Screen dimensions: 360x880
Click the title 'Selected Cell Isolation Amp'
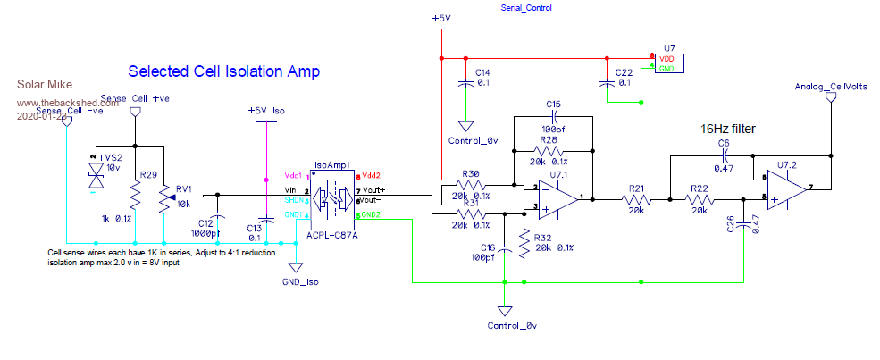point(224,71)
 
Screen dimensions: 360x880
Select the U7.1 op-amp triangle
point(553,198)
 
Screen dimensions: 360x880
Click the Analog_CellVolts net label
point(828,86)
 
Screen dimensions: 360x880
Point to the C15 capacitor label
point(553,105)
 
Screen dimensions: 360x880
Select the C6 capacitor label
point(724,143)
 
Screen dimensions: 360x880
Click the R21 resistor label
point(636,188)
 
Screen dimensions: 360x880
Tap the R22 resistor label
point(699,188)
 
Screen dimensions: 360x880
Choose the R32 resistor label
point(542,238)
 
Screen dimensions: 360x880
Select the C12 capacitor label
point(205,222)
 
